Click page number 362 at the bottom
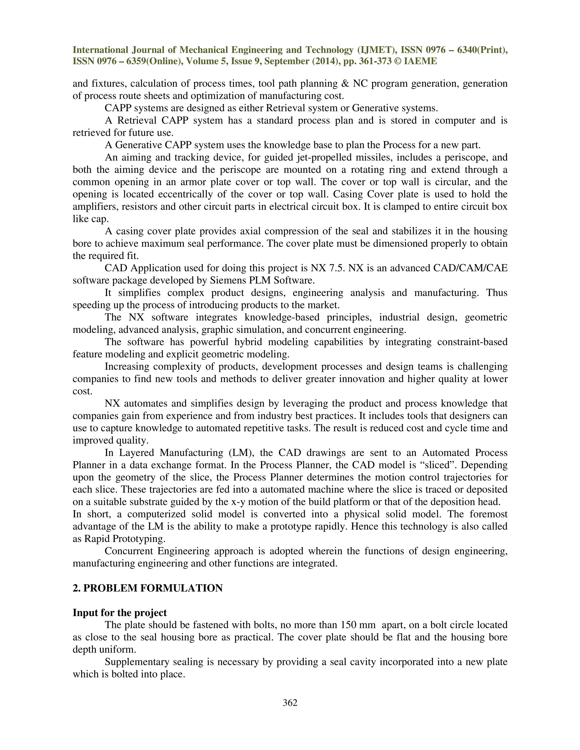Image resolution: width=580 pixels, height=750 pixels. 290,703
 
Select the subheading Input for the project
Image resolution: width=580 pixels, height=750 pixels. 120,613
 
